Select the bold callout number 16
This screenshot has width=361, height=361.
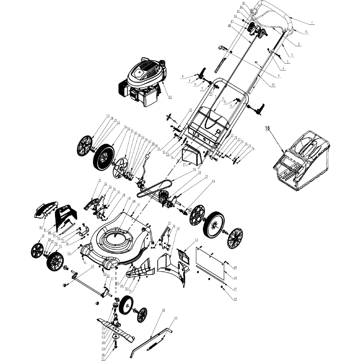coord(267,129)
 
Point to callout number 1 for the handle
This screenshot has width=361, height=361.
coord(312,23)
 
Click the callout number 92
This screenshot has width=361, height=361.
coord(235,299)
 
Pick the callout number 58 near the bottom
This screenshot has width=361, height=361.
coord(163,311)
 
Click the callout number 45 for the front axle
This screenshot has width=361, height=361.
coord(93,267)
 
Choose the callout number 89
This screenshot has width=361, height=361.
coord(235,262)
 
